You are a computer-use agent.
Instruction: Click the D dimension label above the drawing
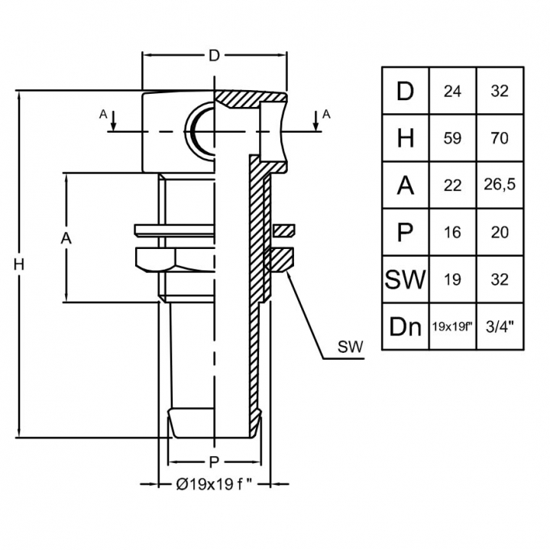tap(215, 56)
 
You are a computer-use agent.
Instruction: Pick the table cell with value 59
tap(452, 138)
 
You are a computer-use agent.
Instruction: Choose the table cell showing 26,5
tap(500, 185)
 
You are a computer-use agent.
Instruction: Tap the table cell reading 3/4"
tap(500, 326)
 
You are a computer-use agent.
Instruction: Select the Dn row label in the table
tap(405, 326)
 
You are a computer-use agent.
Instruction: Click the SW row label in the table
tap(405, 279)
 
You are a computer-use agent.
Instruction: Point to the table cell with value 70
tap(500, 138)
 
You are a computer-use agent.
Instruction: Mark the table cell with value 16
tap(452, 232)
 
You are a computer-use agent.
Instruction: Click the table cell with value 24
tap(452, 91)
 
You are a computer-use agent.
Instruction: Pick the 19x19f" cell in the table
tap(452, 326)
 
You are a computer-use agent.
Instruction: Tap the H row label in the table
tap(405, 138)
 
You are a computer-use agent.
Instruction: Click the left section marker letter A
tap(103, 114)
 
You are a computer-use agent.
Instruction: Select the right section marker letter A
tap(326, 114)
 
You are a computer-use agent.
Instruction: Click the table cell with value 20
tap(500, 232)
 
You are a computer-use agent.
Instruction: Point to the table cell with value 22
tap(452, 185)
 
